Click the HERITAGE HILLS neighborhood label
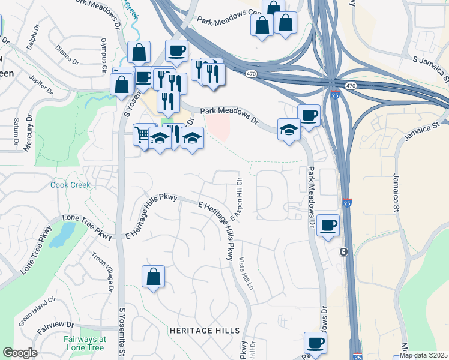tap(205, 331)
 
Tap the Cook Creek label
tap(71, 185)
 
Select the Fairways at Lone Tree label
tap(85, 343)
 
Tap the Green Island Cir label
tap(37, 310)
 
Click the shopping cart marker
tap(144, 134)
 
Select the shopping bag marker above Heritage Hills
tap(154, 277)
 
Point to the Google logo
tap(20, 353)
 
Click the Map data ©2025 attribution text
tap(423, 355)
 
